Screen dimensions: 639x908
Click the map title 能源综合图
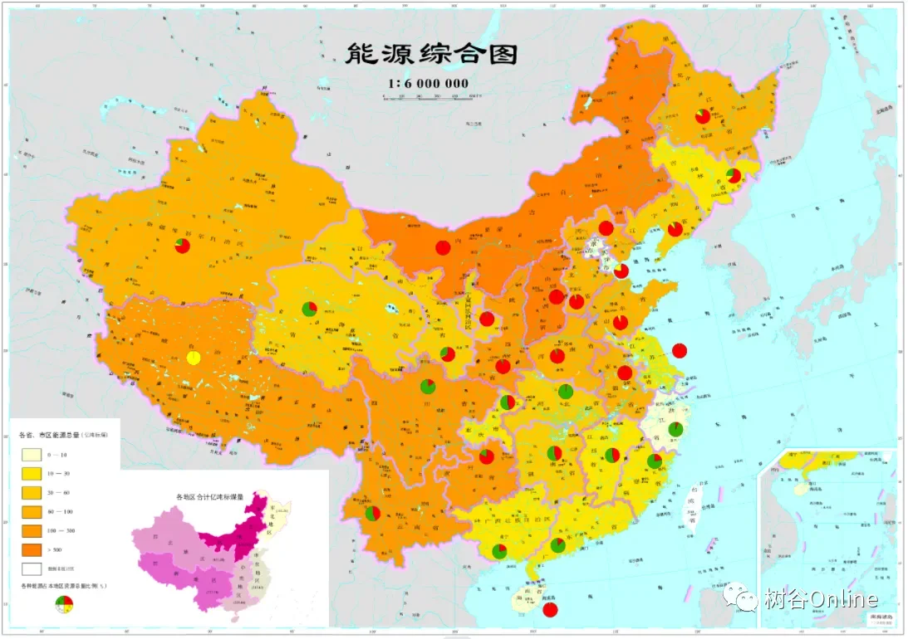tap(431, 54)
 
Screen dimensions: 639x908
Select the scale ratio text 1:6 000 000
tap(428, 83)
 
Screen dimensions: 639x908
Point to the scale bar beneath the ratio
tap(433, 96)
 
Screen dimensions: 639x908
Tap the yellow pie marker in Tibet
tap(193, 358)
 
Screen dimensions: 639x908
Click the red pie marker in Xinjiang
tap(182, 246)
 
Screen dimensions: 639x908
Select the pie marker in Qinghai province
tap(309, 310)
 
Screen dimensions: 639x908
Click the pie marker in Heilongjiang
tap(703, 116)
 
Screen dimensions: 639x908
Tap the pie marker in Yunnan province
tap(372, 514)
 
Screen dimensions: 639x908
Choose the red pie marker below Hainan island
tap(549, 610)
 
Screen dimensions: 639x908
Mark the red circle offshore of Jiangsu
tap(680, 350)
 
